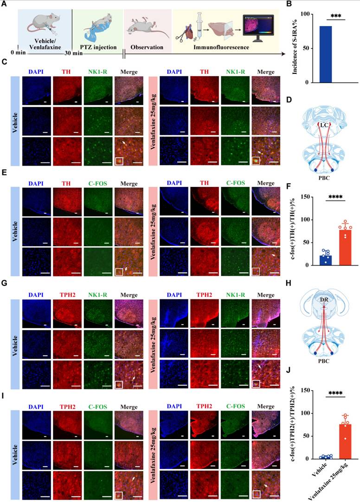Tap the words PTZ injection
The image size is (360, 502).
click(97, 47)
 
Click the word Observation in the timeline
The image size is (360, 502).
click(147, 47)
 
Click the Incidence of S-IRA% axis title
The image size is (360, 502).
click(295, 48)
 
